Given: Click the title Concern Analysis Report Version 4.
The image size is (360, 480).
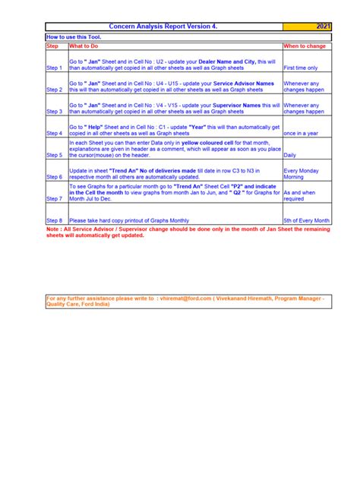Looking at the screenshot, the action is (x=163, y=27).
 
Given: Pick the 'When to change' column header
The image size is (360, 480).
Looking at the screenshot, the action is (x=306, y=46).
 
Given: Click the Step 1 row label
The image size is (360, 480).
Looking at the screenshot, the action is (x=56, y=68).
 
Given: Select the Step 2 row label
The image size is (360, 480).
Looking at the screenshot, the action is (x=56, y=89).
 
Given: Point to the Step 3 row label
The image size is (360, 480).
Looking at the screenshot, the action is (x=56, y=110).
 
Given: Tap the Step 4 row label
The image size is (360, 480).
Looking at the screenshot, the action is (x=56, y=133).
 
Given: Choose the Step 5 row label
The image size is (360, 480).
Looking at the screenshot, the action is (x=56, y=154).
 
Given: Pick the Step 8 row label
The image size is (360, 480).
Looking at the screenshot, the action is (x=56, y=220).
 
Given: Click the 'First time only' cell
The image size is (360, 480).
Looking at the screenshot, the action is (x=301, y=68).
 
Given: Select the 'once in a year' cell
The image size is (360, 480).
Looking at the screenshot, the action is (x=302, y=133).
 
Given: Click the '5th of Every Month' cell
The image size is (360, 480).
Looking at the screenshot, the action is (x=306, y=220).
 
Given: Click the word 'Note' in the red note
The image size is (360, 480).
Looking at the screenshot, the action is (x=53, y=229).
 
